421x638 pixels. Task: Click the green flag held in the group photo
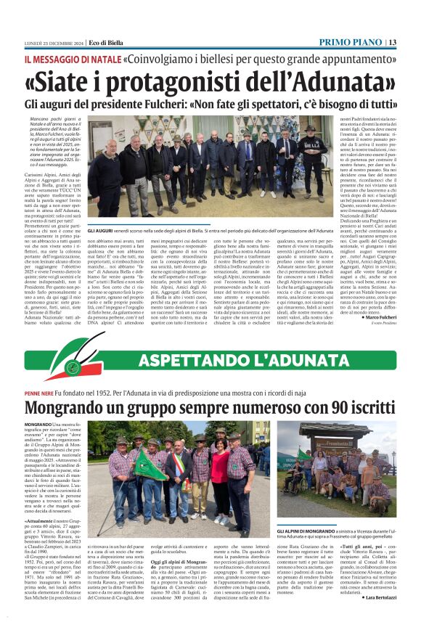point(149,466)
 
